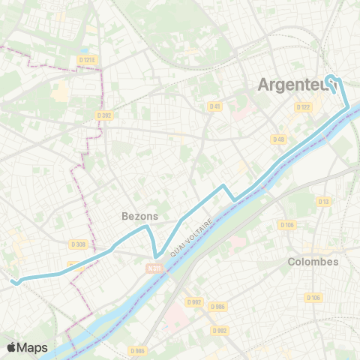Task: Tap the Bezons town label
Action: pyautogui.click(x=139, y=216)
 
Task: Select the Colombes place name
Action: pyautogui.click(x=313, y=262)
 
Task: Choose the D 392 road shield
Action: pyautogui.click(x=104, y=115)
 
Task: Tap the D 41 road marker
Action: pyautogui.click(x=215, y=106)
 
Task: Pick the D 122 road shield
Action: pyautogui.click(x=303, y=107)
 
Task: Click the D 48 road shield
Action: pyautogui.click(x=278, y=139)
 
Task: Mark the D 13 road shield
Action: pyautogui.click(x=324, y=201)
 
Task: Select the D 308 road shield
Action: pyautogui.click(x=79, y=244)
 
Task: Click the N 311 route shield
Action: pyautogui.click(x=154, y=268)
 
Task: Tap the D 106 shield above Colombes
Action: pyautogui.click(x=286, y=225)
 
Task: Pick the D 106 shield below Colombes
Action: pyautogui.click(x=313, y=298)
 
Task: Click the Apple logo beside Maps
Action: pyautogui.click(x=12, y=347)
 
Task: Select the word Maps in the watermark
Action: pyautogui.click(x=34, y=347)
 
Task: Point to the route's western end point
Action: pyautogui.click(x=13, y=281)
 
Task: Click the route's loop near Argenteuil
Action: pyautogui.click(x=334, y=81)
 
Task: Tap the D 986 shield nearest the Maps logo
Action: pyautogui.click(x=136, y=350)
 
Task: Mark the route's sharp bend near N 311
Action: pyautogui.click(x=155, y=256)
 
